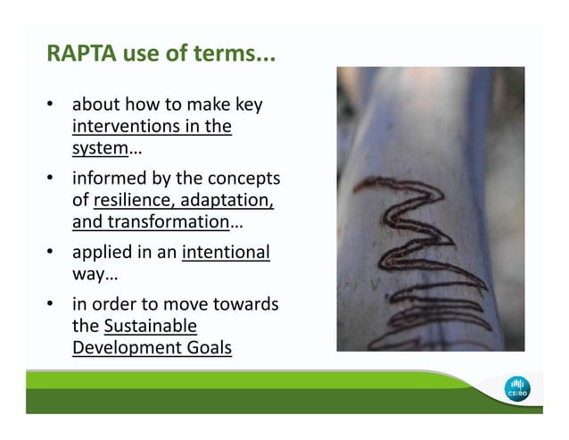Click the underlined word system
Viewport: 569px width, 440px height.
coord(99,148)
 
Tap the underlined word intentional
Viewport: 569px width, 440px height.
coord(225,253)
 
